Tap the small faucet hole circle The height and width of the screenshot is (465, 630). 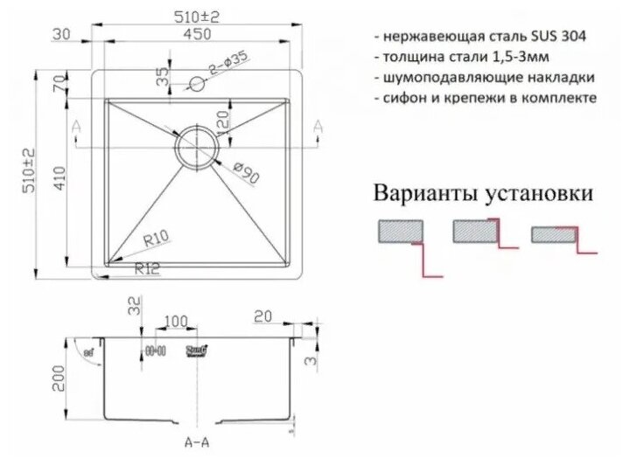197,85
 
